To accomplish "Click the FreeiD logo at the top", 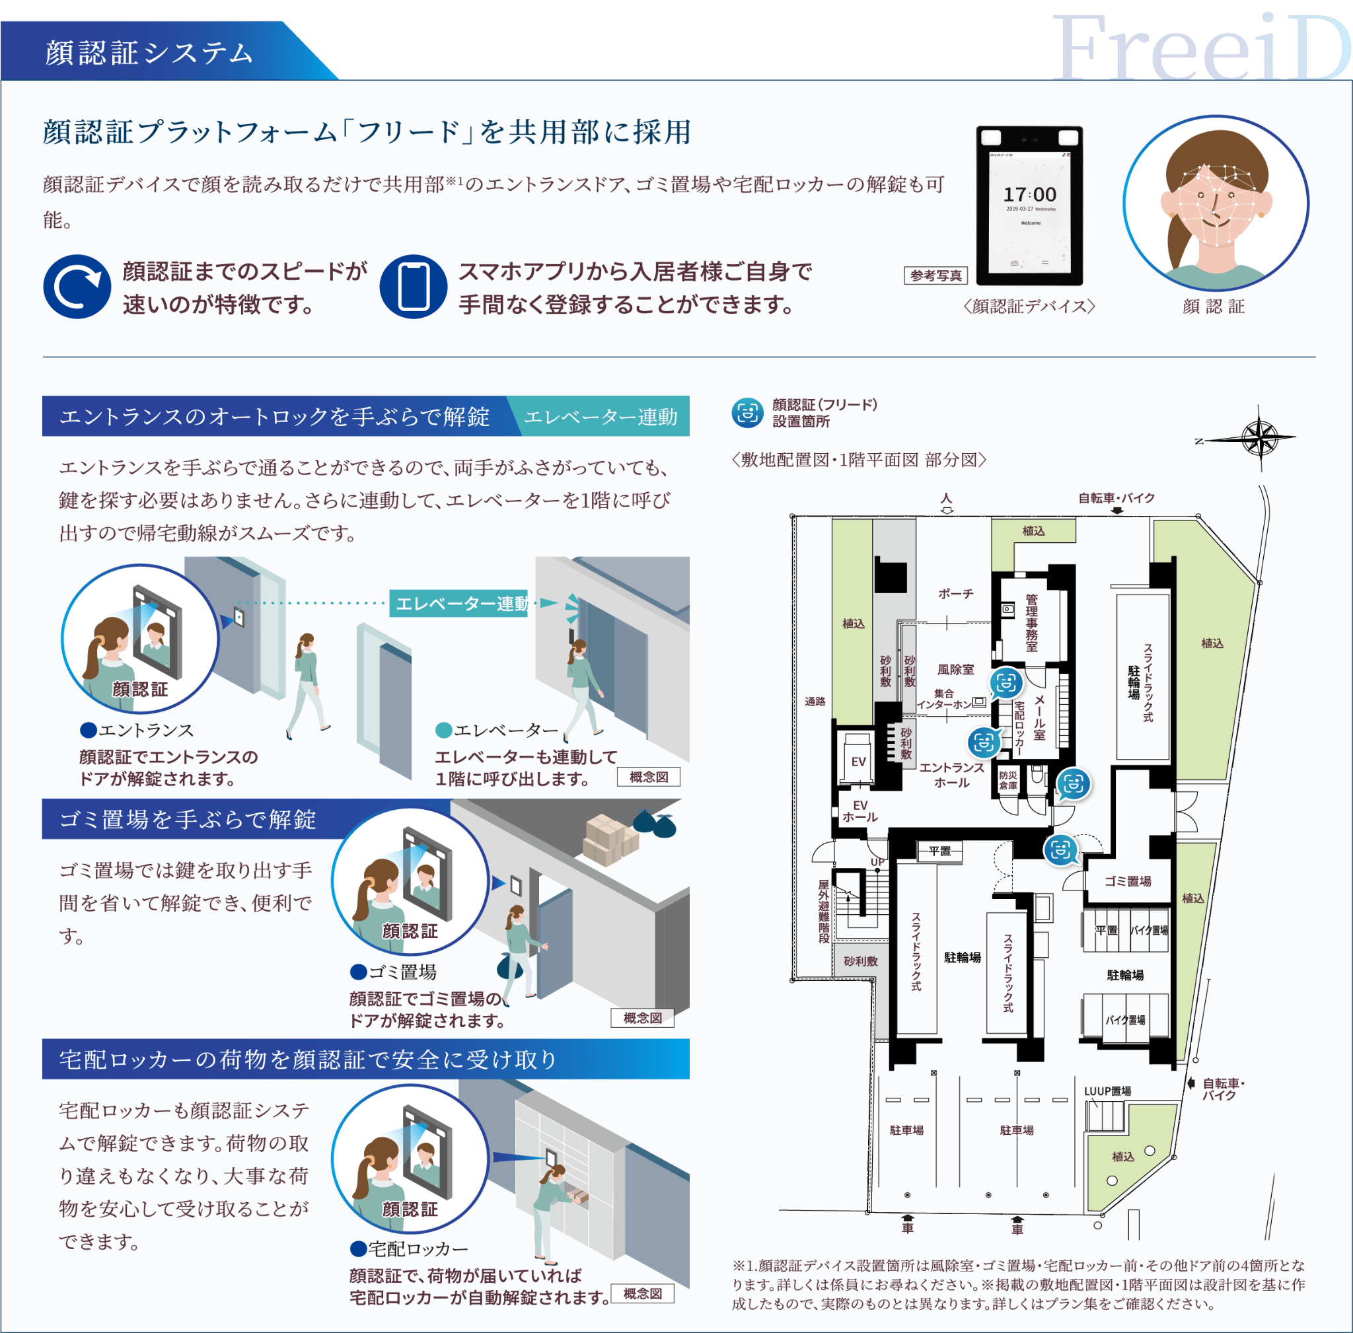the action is [1202, 48].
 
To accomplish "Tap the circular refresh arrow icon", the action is [77, 286].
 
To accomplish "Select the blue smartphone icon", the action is [413, 286].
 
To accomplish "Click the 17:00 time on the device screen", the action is [1029, 195].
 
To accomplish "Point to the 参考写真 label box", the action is [936, 276].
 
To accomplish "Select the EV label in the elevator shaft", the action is [859, 761].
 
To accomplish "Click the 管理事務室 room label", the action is [1031, 622].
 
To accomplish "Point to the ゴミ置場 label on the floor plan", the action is [1128, 881].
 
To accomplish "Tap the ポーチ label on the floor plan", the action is [956, 593].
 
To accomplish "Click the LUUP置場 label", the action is [1108, 1091].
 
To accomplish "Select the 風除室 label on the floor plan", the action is [956, 669].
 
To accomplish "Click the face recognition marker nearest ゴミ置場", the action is [1062, 850].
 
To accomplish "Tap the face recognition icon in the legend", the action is [747, 413].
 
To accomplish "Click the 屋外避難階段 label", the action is [824, 912].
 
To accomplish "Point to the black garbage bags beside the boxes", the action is [655, 824].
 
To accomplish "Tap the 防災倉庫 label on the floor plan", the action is [1007, 781].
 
